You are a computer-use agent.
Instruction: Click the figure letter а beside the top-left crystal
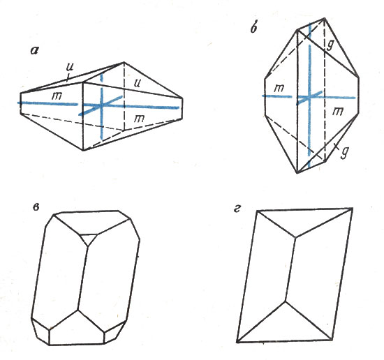(34, 50)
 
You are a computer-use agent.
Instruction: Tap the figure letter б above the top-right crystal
(253, 29)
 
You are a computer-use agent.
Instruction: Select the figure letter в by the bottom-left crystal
(36, 207)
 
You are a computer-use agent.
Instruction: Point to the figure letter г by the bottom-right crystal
(237, 209)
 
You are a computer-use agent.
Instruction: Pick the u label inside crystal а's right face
(138, 84)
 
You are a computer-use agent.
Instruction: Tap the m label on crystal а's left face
(57, 96)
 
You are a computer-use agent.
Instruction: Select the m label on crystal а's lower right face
(139, 119)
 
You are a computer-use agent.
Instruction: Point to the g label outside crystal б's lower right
(345, 152)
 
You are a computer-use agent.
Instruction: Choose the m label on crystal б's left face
(279, 88)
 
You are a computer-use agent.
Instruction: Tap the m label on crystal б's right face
(338, 112)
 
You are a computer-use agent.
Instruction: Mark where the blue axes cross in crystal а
(101, 105)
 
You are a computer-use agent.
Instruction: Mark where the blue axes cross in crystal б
(309, 97)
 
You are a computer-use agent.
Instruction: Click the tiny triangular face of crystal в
(89, 238)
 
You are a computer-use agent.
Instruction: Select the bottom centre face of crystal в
(77, 329)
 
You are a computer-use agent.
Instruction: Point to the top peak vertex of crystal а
(124, 63)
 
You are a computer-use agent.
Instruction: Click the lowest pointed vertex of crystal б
(297, 173)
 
